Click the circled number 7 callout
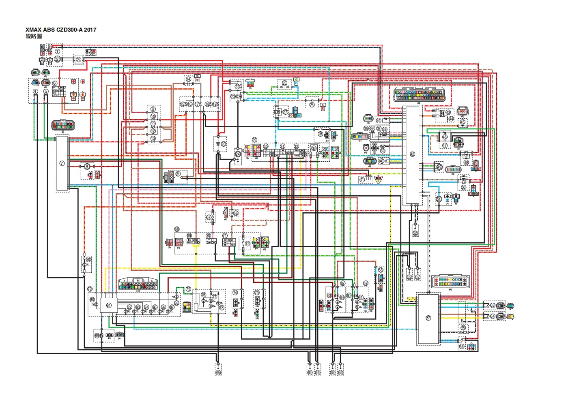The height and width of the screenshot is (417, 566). point(62,163)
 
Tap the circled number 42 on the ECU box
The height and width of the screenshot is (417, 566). point(412,154)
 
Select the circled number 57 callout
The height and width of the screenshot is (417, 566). point(428,318)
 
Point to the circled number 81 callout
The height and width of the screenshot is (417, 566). point(108,305)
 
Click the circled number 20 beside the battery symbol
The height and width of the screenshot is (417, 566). point(224,144)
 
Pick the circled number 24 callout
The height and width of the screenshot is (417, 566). point(238,154)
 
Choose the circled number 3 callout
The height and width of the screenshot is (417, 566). point(78,60)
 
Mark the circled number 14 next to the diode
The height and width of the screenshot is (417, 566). point(189,79)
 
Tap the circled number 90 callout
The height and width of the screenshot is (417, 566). point(88,259)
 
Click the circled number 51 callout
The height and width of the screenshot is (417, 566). point(439,199)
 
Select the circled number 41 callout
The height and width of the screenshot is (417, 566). point(362,179)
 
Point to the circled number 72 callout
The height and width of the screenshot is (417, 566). point(247,244)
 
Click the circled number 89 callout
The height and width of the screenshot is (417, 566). point(97,335)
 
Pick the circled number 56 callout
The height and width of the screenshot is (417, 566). point(462,346)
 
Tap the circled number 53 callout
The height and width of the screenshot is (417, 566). point(493,305)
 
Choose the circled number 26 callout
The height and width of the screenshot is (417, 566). point(312,105)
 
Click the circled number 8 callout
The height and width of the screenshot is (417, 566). point(87,167)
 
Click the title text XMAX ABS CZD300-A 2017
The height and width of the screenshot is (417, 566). point(61,30)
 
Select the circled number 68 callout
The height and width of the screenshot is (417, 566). point(177,229)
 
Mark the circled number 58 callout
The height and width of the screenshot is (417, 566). point(381,269)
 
